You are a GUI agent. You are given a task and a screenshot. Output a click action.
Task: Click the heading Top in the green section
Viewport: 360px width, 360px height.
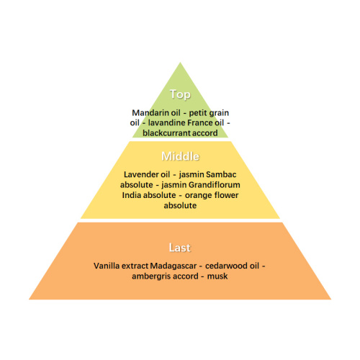pyautogui.click(x=180, y=94)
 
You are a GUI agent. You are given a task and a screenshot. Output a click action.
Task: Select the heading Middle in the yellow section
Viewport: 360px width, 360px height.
pyautogui.click(x=180, y=156)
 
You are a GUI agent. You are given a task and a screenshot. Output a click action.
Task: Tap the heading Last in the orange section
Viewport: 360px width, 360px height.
pyautogui.click(x=180, y=248)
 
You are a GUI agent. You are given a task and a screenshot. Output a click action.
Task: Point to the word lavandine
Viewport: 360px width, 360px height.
pyautogui.click(x=166, y=122)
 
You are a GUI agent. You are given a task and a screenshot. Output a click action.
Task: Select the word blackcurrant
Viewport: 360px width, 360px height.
pyautogui.click(x=166, y=132)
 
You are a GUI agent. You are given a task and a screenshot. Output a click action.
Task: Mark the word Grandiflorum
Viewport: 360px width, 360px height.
pyautogui.click(x=215, y=185)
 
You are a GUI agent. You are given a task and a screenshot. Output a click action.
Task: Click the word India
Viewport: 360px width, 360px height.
pyautogui.click(x=129, y=195)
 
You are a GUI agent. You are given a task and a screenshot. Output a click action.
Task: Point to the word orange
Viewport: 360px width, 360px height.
pyautogui.click(x=199, y=196)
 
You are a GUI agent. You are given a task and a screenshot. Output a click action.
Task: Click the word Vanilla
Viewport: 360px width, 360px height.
pyautogui.click(x=105, y=266)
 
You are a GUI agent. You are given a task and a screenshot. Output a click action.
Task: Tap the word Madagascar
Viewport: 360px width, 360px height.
pyautogui.click(x=174, y=266)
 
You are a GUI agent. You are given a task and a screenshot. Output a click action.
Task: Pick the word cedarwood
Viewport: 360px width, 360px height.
pyautogui.click(x=226, y=266)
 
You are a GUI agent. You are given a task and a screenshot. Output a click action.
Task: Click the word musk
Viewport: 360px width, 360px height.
pyautogui.click(x=217, y=276)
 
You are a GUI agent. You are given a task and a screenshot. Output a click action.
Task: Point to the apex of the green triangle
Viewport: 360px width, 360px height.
pyautogui.click(x=180, y=63)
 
